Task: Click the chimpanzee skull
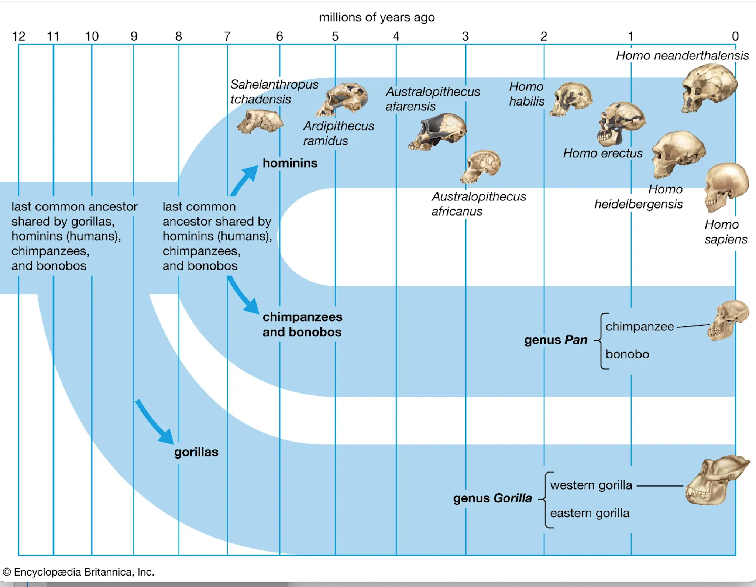(x=727, y=320)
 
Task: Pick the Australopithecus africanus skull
(x=481, y=166)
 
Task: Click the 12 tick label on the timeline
(x=18, y=36)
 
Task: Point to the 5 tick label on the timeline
(x=335, y=36)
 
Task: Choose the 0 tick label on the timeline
(x=735, y=36)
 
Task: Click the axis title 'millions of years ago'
(x=377, y=17)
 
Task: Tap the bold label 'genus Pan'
(x=556, y=340)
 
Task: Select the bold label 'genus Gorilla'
(x=492, y=498)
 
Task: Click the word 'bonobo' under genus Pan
(x=627, y=354)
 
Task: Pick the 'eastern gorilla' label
(x=590, y=513)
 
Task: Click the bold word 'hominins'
(x=290, y=163)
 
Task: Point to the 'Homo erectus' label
(x=602, y=153)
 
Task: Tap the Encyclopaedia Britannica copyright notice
(x=78, y=572)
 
